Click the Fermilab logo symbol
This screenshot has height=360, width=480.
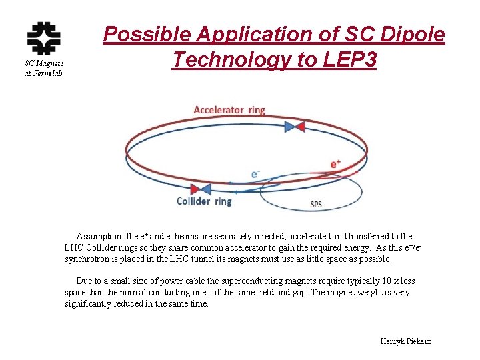[43, 39]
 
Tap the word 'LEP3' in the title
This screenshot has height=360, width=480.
[346, 60]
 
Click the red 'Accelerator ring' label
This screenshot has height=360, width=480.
[229, 110]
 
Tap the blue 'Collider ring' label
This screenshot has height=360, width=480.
[204, 201]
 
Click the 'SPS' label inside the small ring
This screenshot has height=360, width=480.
[316, 205]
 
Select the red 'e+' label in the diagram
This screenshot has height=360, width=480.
[335, 164]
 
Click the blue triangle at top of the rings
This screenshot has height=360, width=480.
[289, 126]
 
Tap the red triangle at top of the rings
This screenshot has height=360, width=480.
[299, 126]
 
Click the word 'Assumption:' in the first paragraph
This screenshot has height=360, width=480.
[100, 237]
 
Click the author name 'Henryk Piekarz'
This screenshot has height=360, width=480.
[405, 341]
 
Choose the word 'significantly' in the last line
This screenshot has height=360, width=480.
[90, 304]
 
